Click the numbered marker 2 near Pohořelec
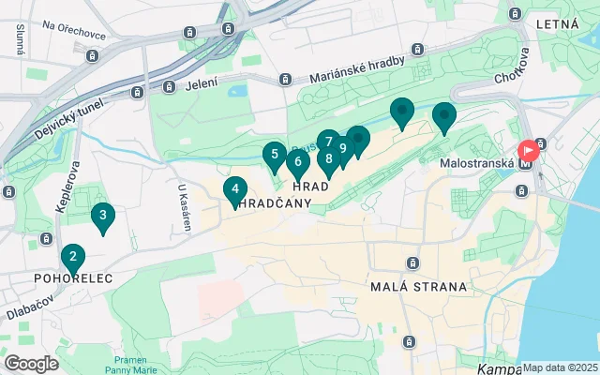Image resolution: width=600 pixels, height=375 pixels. click(x=72, y=256)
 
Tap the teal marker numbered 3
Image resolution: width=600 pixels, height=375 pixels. click(x=102, y=216)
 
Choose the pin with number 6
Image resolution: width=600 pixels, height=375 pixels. click(x=297, y=162)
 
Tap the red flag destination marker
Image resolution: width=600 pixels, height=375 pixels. click(x=529, y=150)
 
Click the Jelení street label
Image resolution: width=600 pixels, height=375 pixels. click(x=202, y=84)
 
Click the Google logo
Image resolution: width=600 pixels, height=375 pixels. click(x=31, y=364)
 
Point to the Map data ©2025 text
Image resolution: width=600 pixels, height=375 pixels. click(x=560, y=367)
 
